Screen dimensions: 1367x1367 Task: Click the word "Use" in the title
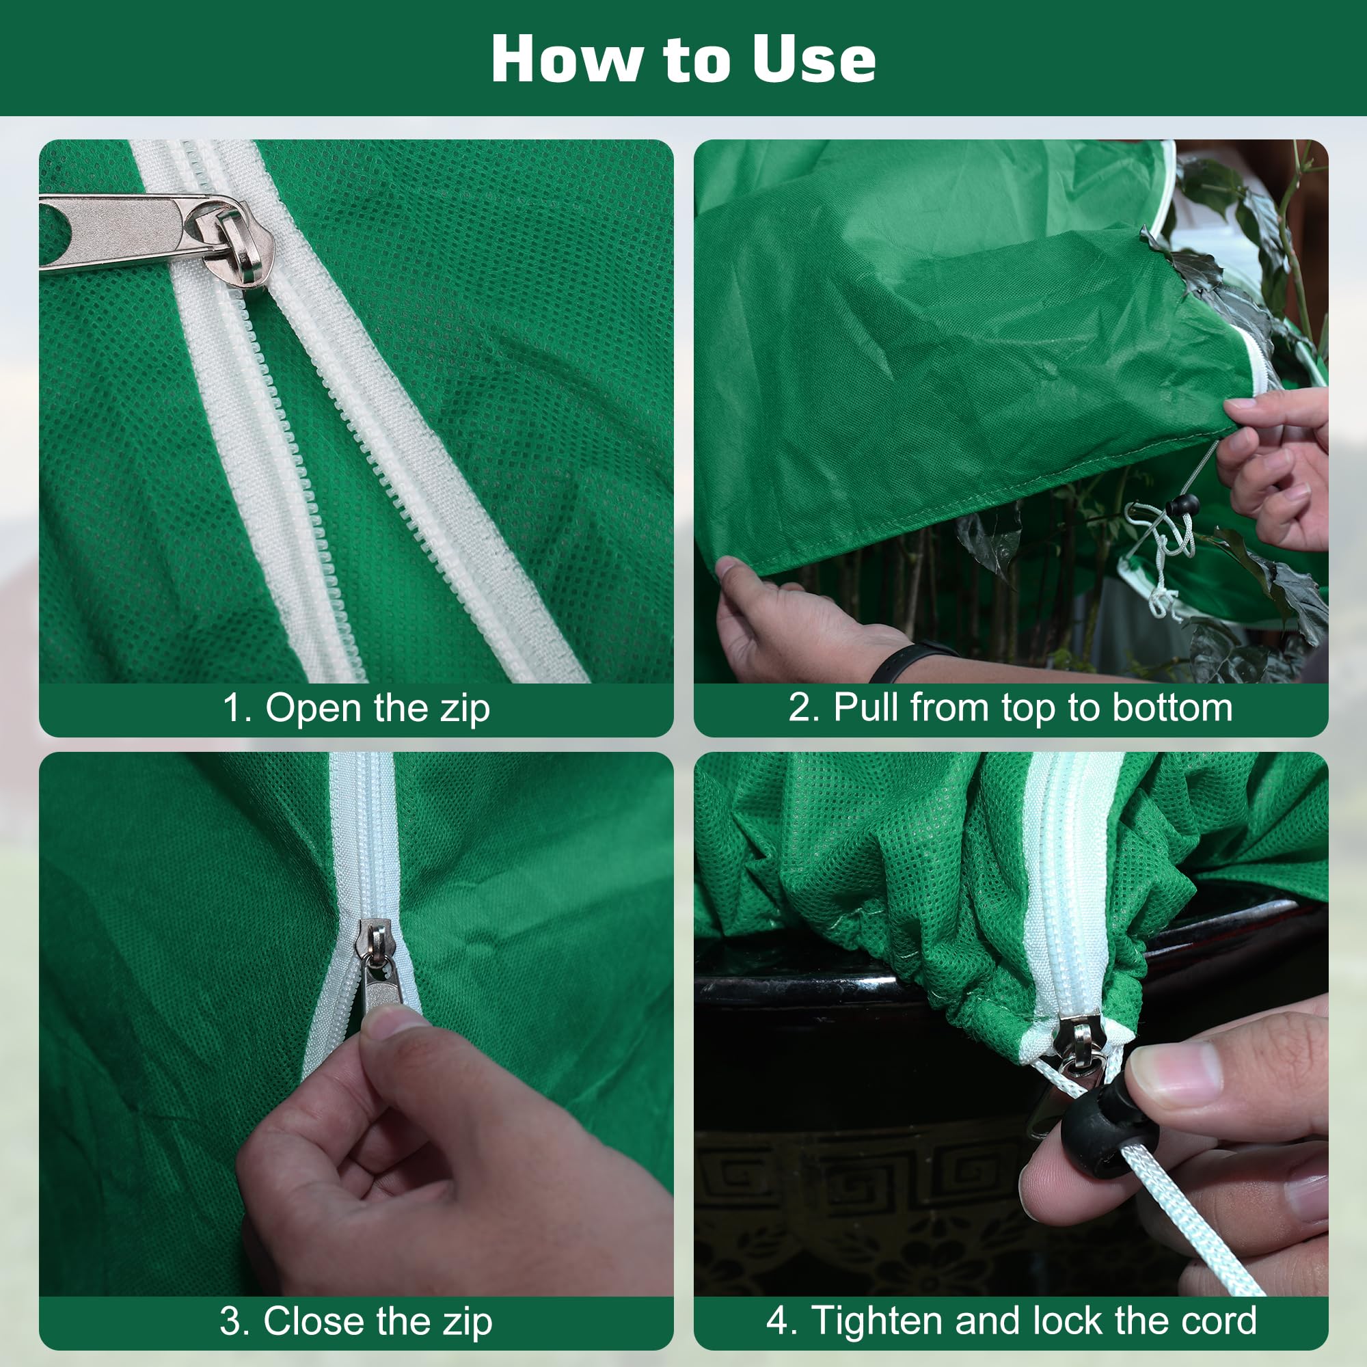pyautogui.click(x=813, y=59)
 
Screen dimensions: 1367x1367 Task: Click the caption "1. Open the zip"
pyautogui.click(x=356, y=707)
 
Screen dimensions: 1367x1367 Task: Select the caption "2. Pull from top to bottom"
pyautogui.click(x=1010, y=707)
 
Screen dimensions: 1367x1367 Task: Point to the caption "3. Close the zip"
pyautogui.click(x=356, y=1321)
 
